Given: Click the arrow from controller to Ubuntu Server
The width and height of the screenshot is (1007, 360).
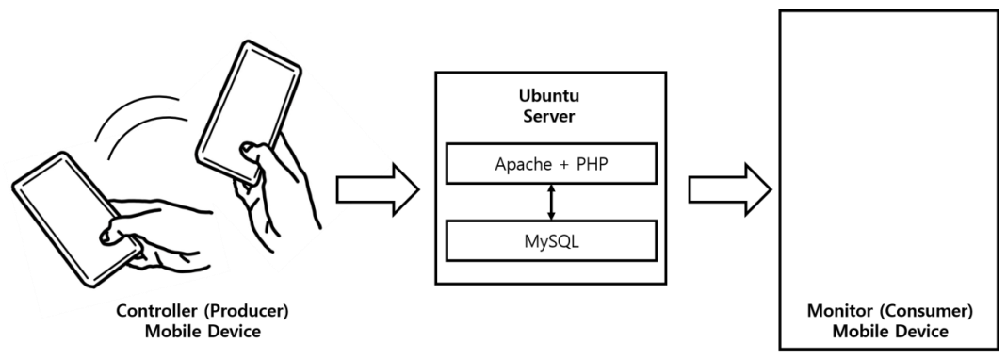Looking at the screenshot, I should [x=377, y=188].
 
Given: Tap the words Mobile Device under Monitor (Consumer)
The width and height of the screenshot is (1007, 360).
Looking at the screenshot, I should [x=890, y=334].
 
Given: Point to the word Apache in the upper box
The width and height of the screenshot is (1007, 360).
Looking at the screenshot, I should [x=525, y=164].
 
